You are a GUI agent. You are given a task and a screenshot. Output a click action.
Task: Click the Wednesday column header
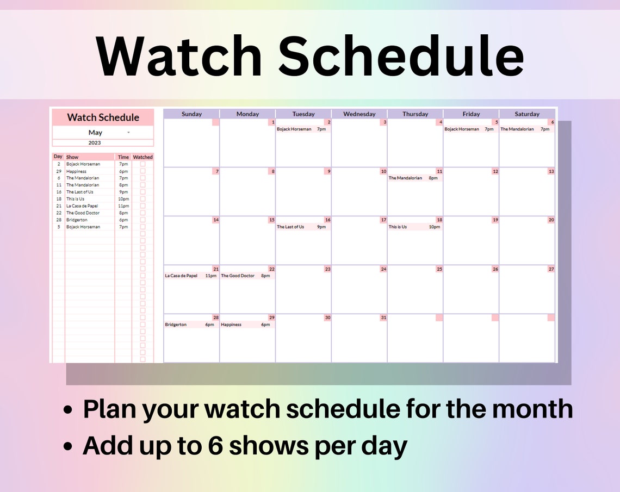[x=359, y=114]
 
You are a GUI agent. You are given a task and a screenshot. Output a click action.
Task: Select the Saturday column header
[x=527, y=114]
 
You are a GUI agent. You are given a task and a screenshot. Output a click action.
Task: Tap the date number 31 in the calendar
[x=383, y=317]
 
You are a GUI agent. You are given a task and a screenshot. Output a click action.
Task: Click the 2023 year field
[x=95, y=143]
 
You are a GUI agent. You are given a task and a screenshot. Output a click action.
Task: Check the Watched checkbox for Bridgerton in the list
[x=142, y=220]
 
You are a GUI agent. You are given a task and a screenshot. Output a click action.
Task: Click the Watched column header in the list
[x=142, y=157]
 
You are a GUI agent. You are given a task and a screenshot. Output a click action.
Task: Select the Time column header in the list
[x=123, y=157]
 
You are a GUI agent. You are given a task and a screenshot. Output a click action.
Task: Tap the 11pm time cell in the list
[x=123, y=206]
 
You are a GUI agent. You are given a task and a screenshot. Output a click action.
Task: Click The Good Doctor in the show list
[x=83, y=213]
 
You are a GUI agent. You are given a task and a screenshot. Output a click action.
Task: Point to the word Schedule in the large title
[x=402, y=55]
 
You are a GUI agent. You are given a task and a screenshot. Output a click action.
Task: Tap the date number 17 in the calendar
[x=383, y=220]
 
